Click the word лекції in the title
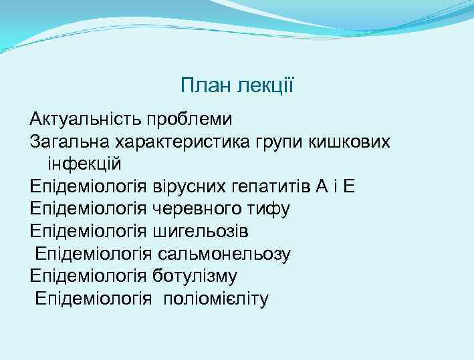(x=267, y=85)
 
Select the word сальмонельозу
(x=225, y=254)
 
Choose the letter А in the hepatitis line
(x=322, y=186)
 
